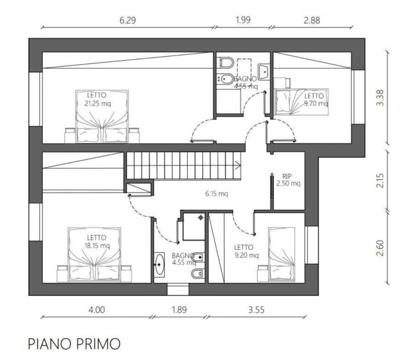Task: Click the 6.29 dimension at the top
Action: click(128, 20)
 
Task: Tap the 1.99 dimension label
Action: click(243, 20)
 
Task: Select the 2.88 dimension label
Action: click(312, 20)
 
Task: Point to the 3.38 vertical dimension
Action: click(380, 97)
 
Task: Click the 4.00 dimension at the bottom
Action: click(97, 310)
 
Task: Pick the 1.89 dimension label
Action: click(179, 310)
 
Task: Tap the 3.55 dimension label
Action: click(256, 310)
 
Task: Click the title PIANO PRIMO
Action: click(74, 344)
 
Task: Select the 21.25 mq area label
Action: click(98, 104)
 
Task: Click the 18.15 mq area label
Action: click(97, 246)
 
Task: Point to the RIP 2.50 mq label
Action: click(289, 180)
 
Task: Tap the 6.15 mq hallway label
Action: click(216, 194)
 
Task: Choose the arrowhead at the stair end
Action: click(238, 165)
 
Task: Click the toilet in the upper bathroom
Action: click(227, 62)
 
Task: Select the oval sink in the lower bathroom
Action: click(159, 264)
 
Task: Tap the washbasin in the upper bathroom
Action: click(263, 71)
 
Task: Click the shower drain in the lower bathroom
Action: click(201, 217)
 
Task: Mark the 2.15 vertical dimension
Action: click(380, 180)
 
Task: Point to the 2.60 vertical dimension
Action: click(380, 248)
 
